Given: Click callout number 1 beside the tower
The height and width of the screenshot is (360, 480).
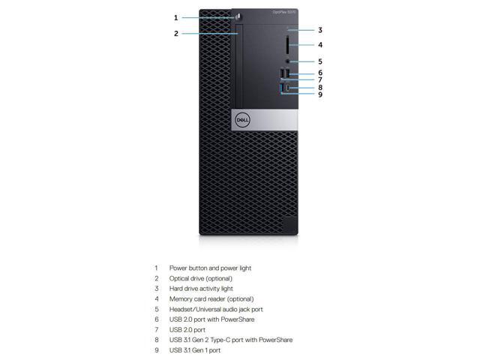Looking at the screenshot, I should point(176,17).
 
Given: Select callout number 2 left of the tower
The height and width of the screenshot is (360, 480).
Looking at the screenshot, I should point(176,33).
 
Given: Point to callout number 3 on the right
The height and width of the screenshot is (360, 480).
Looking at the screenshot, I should point(319,30).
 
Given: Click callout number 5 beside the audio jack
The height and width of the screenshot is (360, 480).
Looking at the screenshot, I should point(319,61).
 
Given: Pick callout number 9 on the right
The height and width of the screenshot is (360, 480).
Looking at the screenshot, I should point(319,94).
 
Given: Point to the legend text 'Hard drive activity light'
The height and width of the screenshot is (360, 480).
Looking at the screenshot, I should point(201,288).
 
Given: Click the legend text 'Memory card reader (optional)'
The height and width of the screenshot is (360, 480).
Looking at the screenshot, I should point(211,298).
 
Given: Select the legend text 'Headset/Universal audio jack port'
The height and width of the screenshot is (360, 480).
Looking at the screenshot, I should point(216,309).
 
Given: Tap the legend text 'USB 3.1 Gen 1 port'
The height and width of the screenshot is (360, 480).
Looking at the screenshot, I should point(195,350).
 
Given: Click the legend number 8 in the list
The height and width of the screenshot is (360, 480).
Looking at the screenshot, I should point(157,340).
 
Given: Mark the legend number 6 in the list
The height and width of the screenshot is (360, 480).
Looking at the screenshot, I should point(157,319).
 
